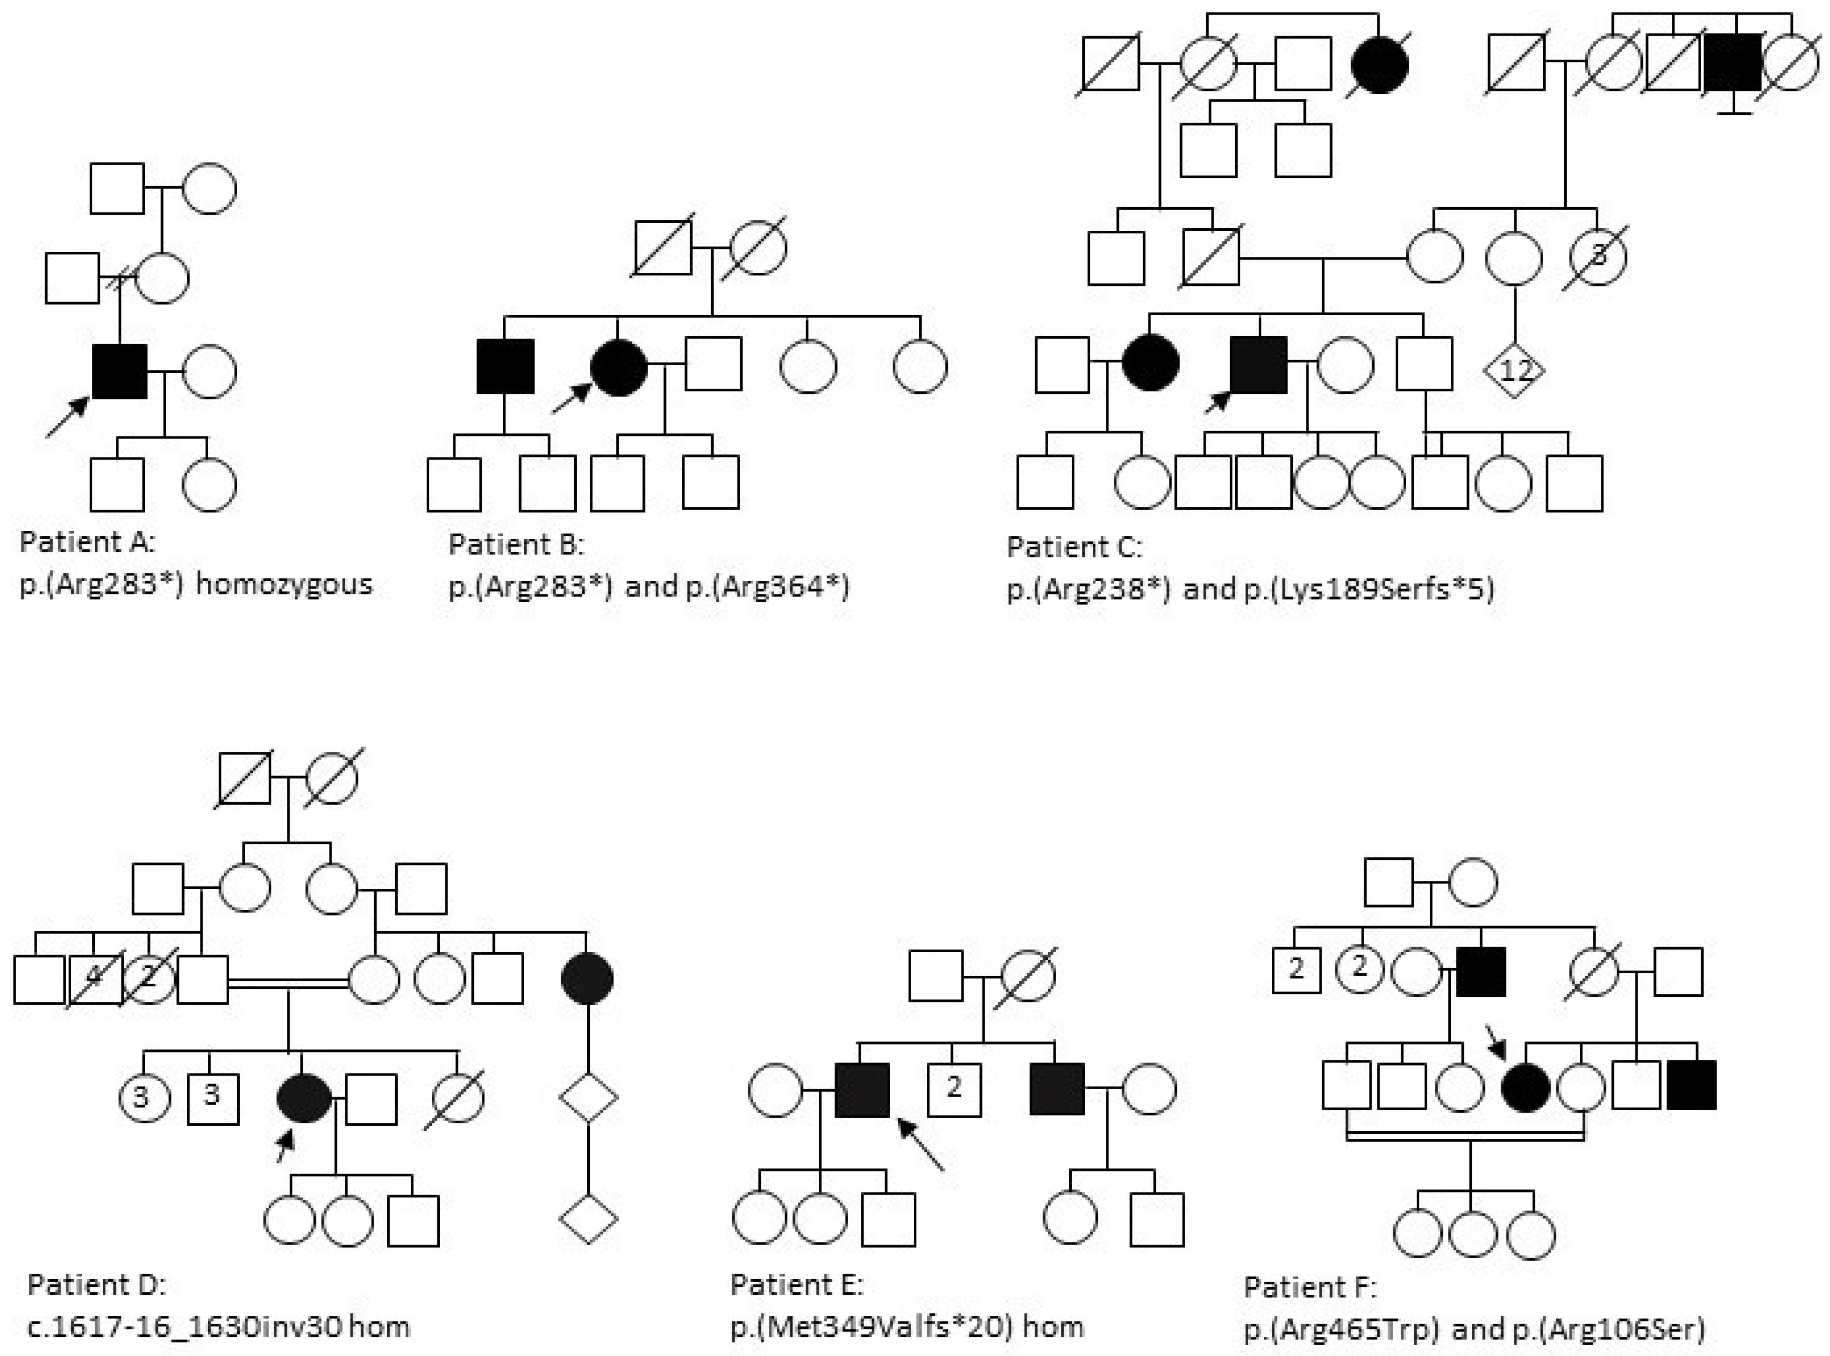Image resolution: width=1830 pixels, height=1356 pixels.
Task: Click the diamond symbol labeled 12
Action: coord(1514,370)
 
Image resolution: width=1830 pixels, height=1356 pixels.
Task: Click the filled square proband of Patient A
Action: coord(120,372)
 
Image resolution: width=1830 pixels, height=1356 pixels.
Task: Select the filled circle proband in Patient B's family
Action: coord(619,367)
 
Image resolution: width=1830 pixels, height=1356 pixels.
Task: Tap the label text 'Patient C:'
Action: coord(1073,547)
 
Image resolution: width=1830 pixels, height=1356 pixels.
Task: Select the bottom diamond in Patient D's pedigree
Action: coord(588,1219)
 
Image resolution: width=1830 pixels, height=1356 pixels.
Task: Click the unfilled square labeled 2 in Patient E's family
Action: coord(953,1089)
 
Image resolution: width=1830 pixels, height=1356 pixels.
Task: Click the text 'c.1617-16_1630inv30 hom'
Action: coord(218,1326)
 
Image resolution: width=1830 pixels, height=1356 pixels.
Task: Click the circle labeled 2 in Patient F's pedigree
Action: coord(1359,969)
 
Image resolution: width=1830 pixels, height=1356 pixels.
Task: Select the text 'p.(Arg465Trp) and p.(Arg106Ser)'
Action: coord(1474,1328)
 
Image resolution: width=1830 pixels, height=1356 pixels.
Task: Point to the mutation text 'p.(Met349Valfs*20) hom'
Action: coord(907,1326)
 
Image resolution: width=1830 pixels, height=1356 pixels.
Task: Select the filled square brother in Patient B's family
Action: coord(506,367)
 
